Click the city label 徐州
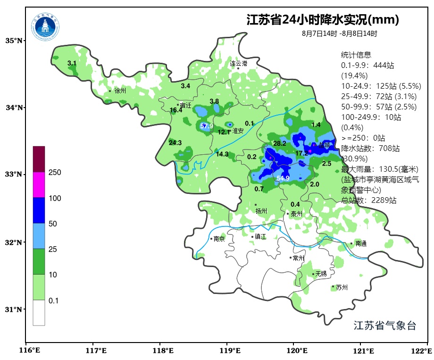[120, 91]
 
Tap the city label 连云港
[239, 63]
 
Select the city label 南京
[219, 239]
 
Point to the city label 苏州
[342, 287]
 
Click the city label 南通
[361, 244]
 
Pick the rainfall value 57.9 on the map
[207, 126]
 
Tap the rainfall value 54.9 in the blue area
[283, 178]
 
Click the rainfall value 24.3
[175, 142]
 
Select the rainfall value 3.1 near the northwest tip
[72, 63]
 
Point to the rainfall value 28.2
[280, 143]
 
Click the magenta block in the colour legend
[39, 184]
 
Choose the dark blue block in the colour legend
[39, 210]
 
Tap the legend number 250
[55, 173]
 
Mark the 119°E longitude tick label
[230, 351]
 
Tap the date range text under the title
[339, 34]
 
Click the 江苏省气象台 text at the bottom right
[384, 326]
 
